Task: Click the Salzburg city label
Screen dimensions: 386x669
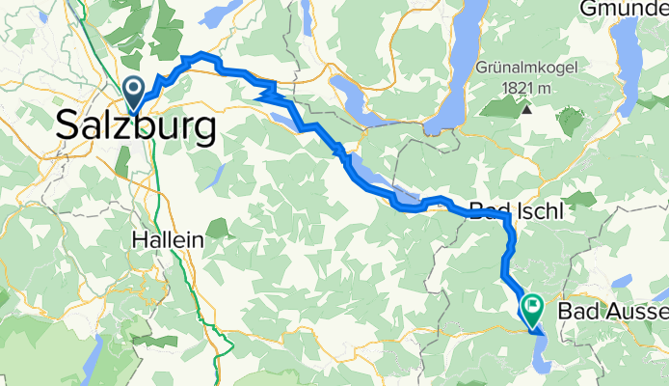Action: (136, 126)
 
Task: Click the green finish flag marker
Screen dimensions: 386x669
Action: (532, 308)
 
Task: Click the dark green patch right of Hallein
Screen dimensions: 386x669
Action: (217, 229)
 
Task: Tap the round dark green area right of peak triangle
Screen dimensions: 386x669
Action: (570, 122)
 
